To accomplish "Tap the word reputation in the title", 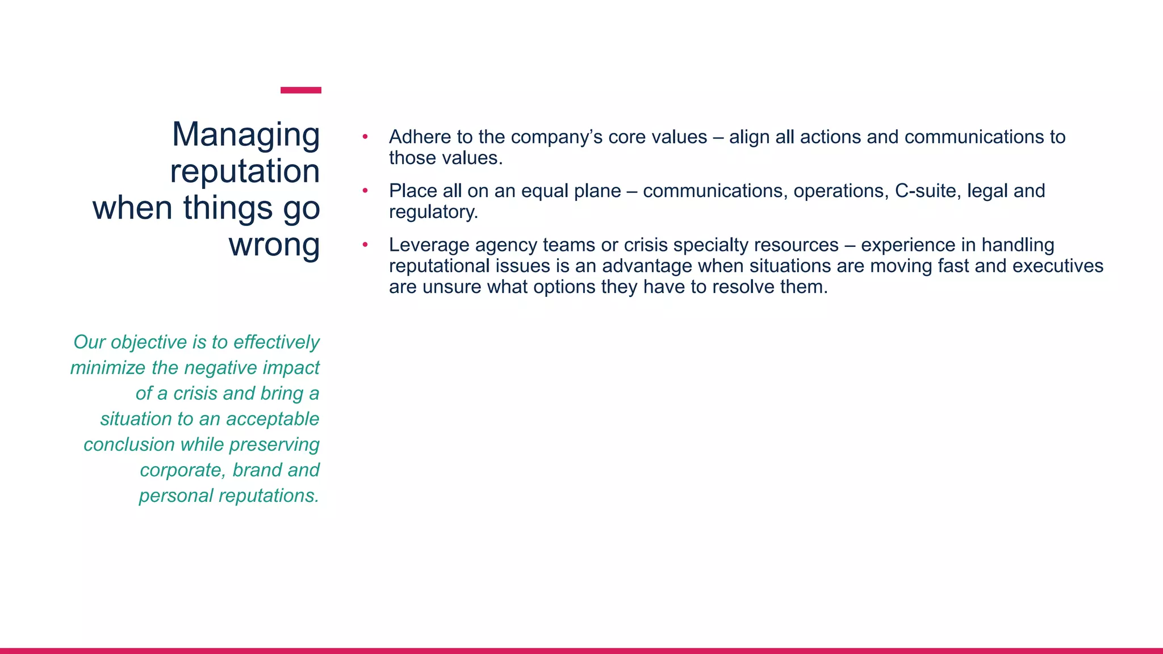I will tap(245, 171).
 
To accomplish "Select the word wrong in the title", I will tap(274, 245).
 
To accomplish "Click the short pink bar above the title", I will tap(301, 90).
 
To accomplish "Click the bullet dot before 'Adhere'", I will tap(365, 137).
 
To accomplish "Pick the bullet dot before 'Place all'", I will tap(365, 191).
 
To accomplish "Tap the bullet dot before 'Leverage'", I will tap(365, 245).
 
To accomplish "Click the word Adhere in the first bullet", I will tap(420, 137).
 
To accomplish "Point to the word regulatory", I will tap(433, 212).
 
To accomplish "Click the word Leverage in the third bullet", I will tap(429, 245).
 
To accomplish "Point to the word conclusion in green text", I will tap(129, 445).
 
